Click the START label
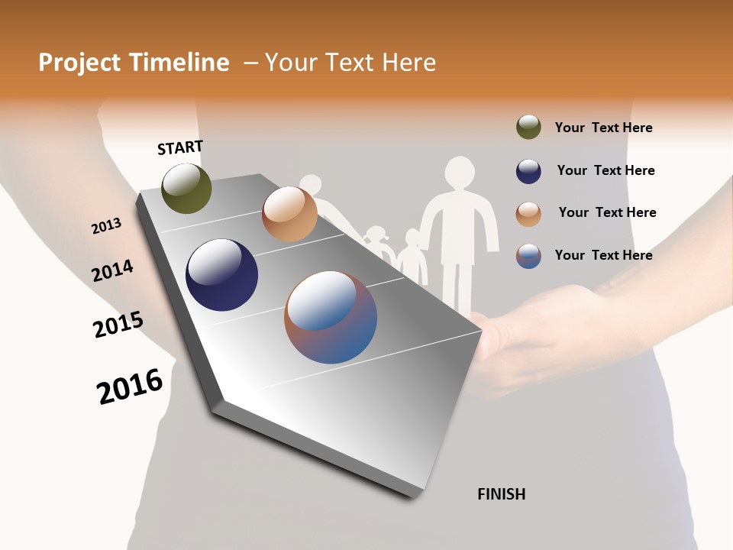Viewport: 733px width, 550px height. coord(180,147)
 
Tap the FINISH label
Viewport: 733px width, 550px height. coord(501,494)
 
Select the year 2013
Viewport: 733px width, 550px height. coord(106,226)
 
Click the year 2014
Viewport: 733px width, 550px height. coord(112,271)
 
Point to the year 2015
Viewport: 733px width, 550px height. coord(118,325)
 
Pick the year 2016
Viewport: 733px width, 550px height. coord(130,387)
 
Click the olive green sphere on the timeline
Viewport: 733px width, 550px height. coord(186,188)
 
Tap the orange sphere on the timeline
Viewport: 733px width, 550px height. coord(289,214)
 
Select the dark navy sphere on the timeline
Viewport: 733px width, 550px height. coord(221,275)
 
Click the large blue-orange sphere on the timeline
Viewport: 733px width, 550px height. coord(331,317)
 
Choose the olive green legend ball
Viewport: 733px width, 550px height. coord(528,128)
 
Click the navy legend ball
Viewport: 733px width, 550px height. coord(528,171)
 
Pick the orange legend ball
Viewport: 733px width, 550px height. coord(528,214)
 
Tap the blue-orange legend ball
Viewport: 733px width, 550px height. coord(528,256)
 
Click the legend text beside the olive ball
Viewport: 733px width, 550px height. coord(603,128)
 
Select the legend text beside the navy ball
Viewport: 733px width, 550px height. coord(605,170)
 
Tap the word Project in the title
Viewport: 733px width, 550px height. coord(79,63)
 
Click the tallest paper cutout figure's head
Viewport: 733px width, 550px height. coord(460,173)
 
